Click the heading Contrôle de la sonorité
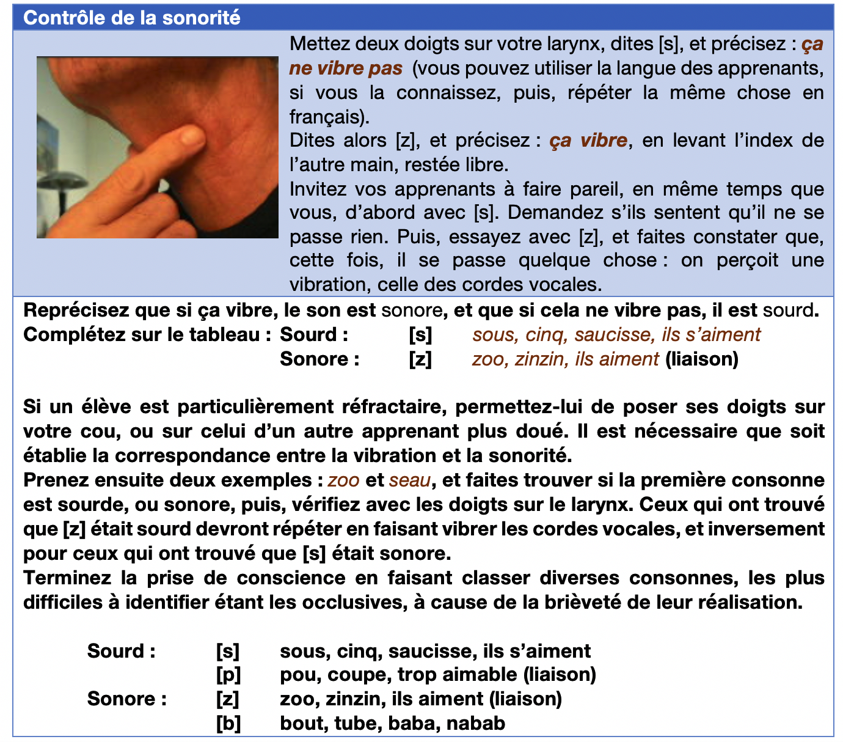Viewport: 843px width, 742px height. [131, 18]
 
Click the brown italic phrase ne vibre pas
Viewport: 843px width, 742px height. [346, 68]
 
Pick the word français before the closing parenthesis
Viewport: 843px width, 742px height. [324, 117]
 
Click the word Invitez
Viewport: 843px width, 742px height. [318, 189]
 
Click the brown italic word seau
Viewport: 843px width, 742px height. [409, 480]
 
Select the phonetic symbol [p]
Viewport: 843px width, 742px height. [228, 675]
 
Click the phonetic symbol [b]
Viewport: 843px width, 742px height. [228, 724]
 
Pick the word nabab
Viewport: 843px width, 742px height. [476, 724]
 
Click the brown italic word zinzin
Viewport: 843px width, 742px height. [539, 359]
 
